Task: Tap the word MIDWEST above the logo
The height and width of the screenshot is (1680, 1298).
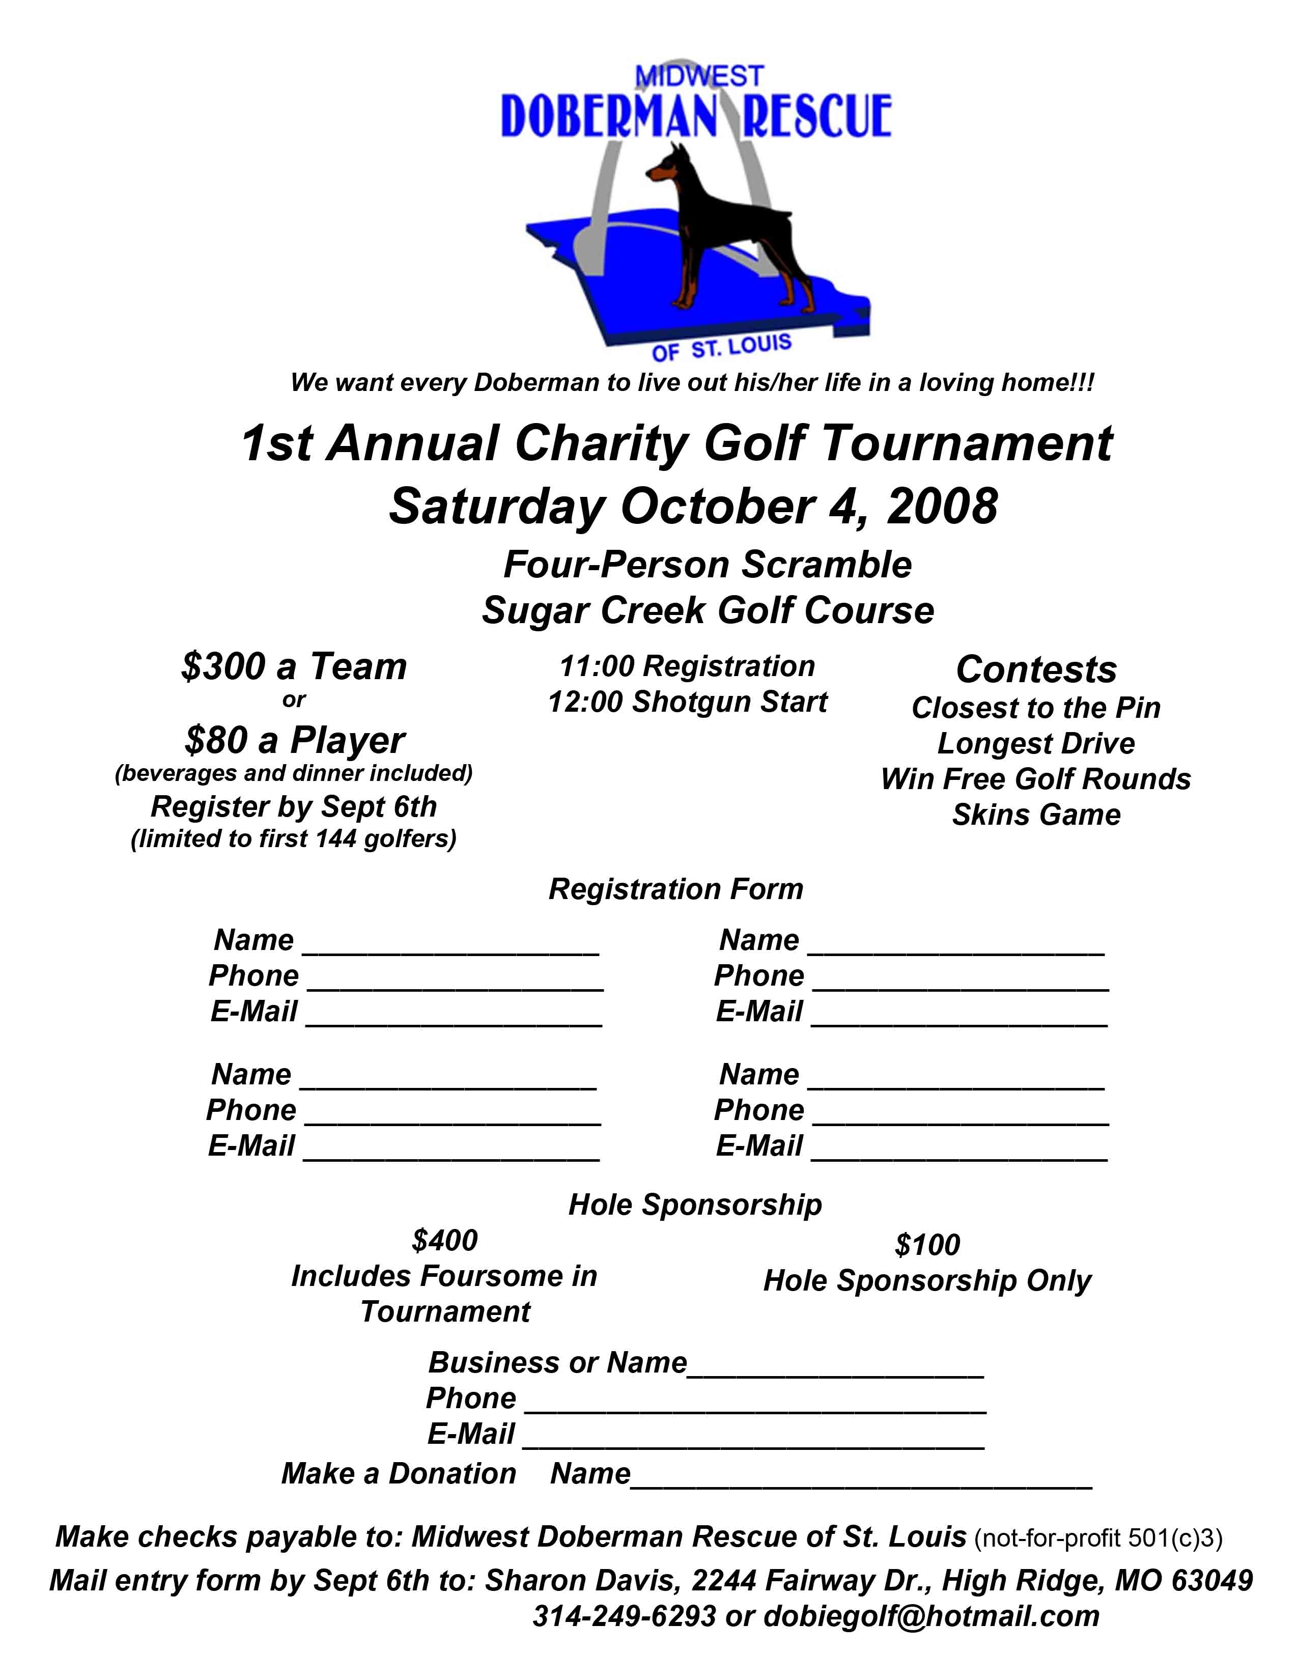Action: pos(699,76)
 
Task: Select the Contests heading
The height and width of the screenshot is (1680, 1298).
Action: pos(1036,670)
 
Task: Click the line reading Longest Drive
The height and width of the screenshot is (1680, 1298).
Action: pos(1036,744)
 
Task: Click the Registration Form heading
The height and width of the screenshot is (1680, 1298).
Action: pos(675,889)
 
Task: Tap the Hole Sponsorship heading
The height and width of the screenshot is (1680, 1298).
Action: pos(694,1205)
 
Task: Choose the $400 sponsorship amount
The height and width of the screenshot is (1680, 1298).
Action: pos(444,1241)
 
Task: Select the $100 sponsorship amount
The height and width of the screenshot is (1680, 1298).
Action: pos(927,1245)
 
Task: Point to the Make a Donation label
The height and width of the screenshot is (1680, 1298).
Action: pos(399,1474)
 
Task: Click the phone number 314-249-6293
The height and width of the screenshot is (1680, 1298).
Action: pos(625,1616)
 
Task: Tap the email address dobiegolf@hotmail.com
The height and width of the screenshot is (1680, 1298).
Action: pos(931,1616)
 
